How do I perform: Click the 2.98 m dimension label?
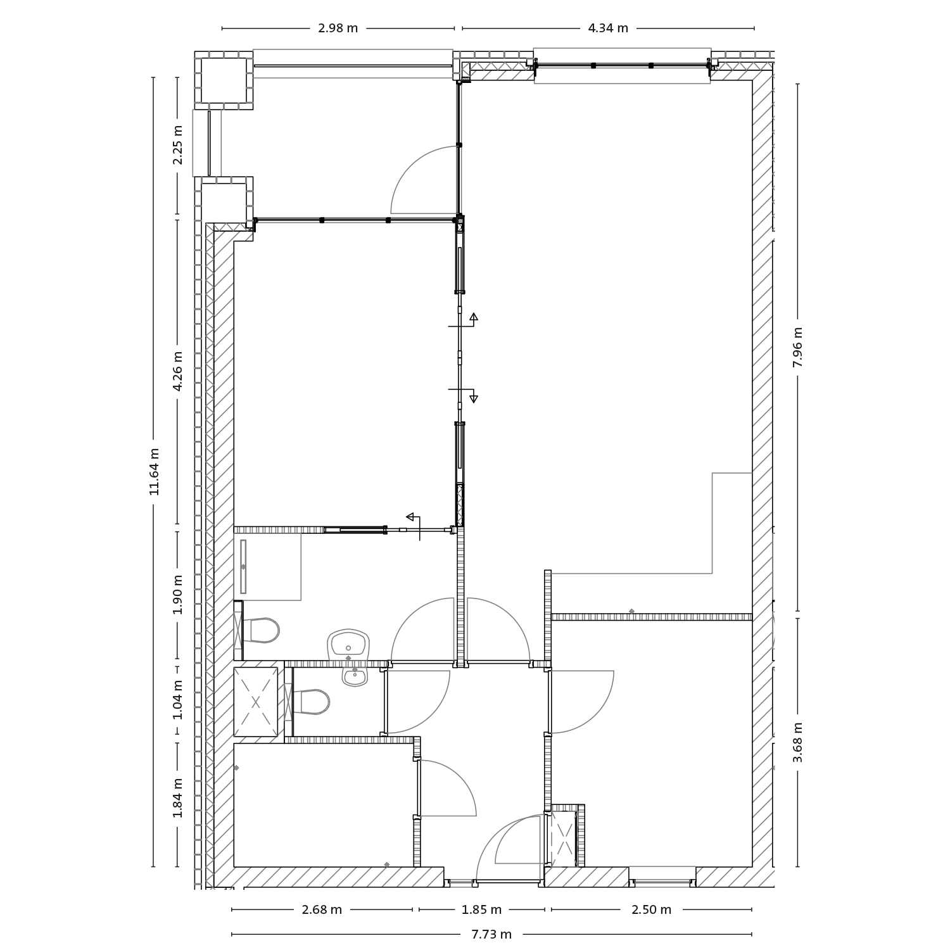click(x=338, y=28)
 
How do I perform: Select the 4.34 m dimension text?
click(x=608, y=28)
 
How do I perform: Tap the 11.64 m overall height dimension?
click(x=154, y=471)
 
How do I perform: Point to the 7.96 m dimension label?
click(x=797, y=347)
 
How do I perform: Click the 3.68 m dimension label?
click(x=797, y=742)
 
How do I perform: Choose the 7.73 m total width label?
click(x=491, y=934)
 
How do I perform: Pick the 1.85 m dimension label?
click(x=481, y=910)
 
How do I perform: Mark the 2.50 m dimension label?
click(x=651, y=910)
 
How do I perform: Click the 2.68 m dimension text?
click(x=322, y=910)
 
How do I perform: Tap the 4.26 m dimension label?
click(x=178, y=371)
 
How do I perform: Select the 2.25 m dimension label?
click(x=178, y=144)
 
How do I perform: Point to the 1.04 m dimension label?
click(x=178, y=699)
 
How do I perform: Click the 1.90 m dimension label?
click(x=178, y=594)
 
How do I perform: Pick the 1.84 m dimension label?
click(x=178, y=797)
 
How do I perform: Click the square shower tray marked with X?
click(x=256, y=702)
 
